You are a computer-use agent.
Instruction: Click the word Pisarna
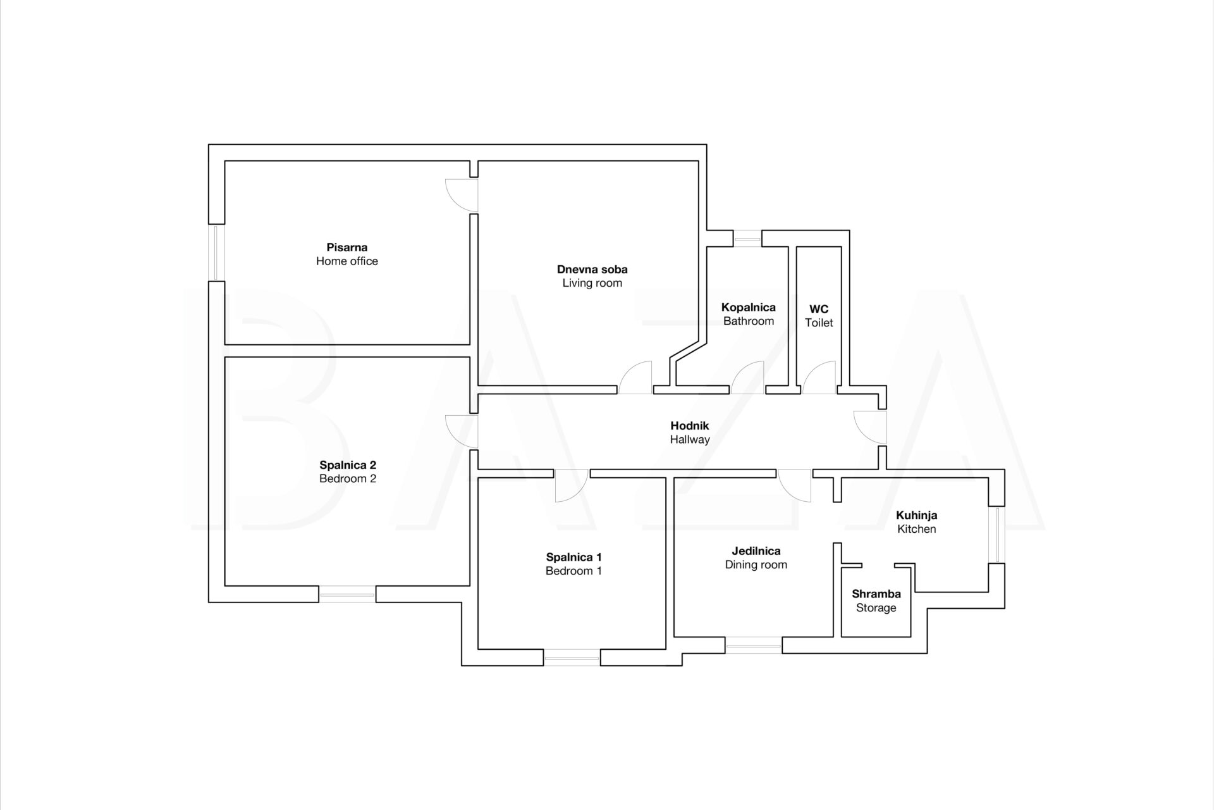[346, 247]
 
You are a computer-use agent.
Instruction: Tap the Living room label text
[592, 283]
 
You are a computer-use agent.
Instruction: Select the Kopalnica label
[748, 308]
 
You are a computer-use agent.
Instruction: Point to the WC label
[819, 309]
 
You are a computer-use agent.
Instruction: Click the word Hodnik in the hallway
[689, 426]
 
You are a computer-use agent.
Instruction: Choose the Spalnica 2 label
[348, 465]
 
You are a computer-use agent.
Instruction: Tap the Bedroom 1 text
[573, 571]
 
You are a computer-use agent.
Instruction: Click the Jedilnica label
[756, 551]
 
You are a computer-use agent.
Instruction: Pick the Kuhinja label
[916, 515]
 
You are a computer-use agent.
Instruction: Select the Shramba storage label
[876, 594]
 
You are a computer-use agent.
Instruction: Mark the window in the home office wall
[216, 252]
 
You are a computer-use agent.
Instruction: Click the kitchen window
[996, 535]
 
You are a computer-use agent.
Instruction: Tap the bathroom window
[747, 239]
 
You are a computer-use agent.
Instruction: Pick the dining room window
[753, 645]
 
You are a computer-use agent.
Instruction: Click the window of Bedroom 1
[572, 658]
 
